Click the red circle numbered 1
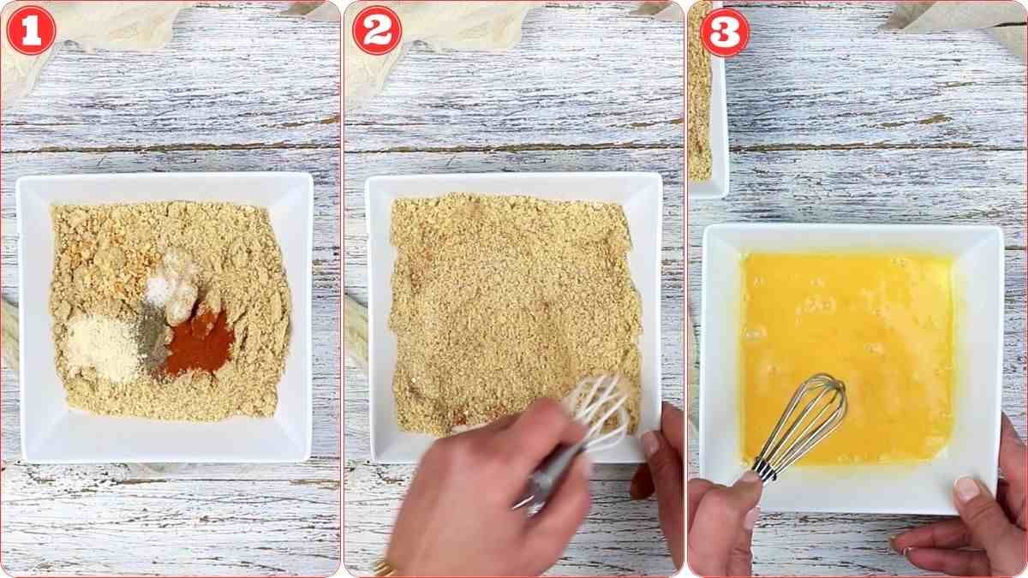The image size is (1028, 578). [31, 31]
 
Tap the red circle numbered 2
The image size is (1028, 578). [377, 31]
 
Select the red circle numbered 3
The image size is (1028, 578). [725, 31]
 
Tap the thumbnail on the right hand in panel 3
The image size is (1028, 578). [967, 489]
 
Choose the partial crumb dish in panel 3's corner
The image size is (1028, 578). [704, 94]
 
